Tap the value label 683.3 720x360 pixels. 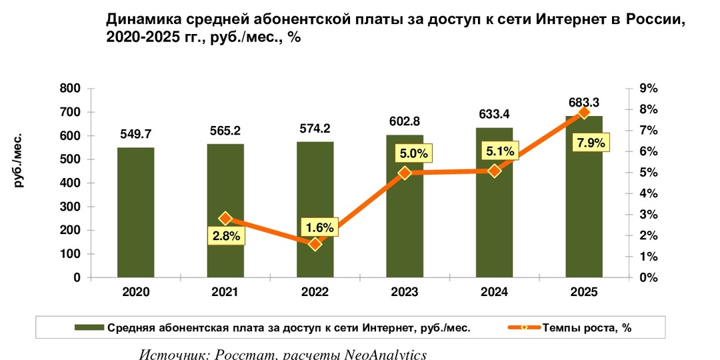tap(583, 102)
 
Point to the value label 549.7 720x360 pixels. tap(136, 134)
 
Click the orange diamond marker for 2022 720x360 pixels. tap(315, 244)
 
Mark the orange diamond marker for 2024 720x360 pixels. tap(494, 171)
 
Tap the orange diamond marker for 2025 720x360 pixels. tap(584, 113)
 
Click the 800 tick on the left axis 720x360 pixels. tap(69, 89)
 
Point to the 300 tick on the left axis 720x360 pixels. tap(69, 207)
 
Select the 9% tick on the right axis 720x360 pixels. tap(648, 89)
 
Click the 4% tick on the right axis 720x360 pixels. tap(648, 193)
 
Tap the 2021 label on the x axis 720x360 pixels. tap(225, 293)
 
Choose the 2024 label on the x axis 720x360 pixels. tap(494, 293)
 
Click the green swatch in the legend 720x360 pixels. tap(89, 327)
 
